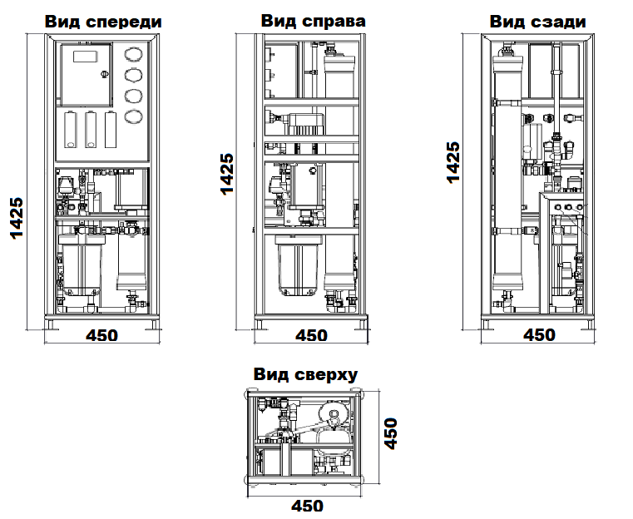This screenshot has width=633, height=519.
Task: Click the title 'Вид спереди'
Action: pos(102,22)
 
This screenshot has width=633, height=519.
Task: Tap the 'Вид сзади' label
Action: pos(537,22)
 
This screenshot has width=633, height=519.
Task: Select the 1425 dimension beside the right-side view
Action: pos(226,174)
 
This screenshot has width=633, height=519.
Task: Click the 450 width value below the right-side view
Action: pos(312,335)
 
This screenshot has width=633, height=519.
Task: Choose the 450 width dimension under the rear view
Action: pos(539,335)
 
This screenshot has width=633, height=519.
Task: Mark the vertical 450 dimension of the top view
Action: pos(389,433)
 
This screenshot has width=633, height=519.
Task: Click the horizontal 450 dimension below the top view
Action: pos(306,505)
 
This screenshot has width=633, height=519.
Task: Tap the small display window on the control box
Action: pos(85,57)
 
